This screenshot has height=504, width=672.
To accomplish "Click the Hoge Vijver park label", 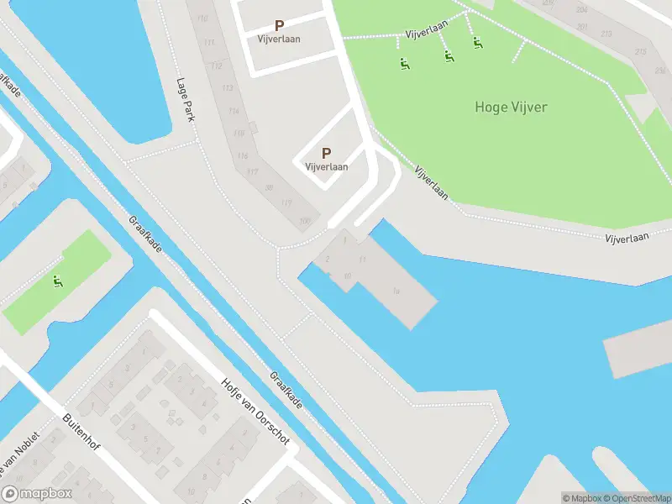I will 511,107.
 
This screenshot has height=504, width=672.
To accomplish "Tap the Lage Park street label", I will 185,100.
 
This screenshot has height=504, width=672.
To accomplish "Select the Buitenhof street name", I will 81,431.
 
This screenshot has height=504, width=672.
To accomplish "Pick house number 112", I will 217,66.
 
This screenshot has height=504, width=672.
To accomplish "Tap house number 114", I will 233,111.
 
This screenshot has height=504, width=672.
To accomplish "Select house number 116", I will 243,155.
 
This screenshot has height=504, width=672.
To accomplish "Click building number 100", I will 304,221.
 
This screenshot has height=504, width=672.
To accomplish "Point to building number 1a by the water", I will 395,291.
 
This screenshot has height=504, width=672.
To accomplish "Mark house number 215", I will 641,52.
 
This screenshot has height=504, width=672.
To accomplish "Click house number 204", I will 581,9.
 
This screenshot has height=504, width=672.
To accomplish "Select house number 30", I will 269,186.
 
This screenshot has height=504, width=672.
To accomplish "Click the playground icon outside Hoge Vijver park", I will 58,281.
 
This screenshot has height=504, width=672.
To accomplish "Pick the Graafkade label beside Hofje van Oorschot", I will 286,391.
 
